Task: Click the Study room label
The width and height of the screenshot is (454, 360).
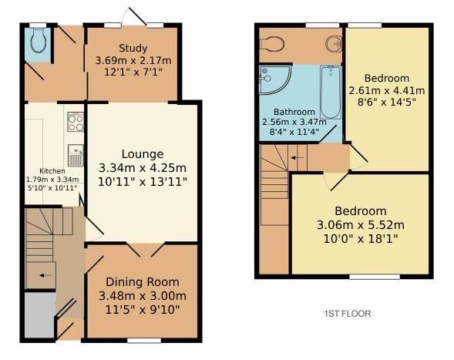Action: coord(133,48)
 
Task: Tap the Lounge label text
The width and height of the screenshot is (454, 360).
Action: coord(143,154)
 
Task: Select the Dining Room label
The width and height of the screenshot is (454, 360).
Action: coord(143,282)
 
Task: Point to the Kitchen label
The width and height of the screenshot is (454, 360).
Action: coord(52,171)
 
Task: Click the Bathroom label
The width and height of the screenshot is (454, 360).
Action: coord(294,112)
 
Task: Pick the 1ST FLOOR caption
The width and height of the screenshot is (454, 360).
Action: coord(348,314)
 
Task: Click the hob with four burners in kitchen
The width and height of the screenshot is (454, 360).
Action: coord(76,122)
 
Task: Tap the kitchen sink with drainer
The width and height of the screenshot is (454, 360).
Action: coord(76,156)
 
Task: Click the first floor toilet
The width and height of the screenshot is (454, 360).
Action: coord(272,44)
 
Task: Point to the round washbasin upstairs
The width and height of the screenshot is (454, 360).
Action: coord(334,44)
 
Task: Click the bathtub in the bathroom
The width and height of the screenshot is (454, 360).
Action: coord(331,92)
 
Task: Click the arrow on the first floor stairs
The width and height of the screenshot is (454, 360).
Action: coord(298,158)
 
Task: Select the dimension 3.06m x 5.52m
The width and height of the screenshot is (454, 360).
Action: coord(361,225)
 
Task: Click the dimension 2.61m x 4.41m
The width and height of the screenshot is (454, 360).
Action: coord(387,91)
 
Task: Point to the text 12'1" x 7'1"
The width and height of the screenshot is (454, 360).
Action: coord(133,72)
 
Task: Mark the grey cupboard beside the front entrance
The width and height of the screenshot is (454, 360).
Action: coord(39,315)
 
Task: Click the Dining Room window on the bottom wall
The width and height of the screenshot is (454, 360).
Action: coord(144,340)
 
